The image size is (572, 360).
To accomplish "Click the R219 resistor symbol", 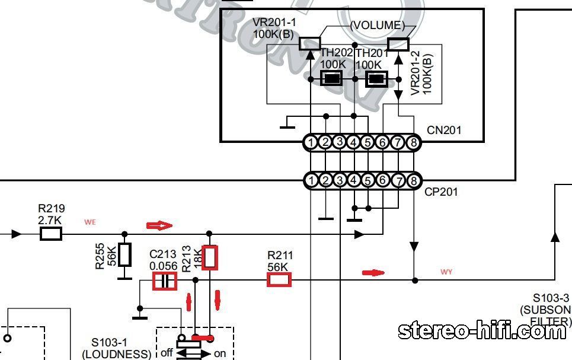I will (x=51, y=234).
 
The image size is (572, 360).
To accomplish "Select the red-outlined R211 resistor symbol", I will (x=279, y=280).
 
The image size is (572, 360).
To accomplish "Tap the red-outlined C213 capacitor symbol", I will (x=165, y=281).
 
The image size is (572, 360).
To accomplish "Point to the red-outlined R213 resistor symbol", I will (x=210, y=257).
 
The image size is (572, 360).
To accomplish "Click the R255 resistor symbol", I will (x=124, y=255).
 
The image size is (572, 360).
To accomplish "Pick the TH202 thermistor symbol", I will (x=332, y=78).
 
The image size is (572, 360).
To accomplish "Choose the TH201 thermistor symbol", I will (x=376, y=78).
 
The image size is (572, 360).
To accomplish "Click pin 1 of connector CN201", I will (x=311, y=142).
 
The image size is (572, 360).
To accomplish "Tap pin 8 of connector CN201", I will (x=413, y=142).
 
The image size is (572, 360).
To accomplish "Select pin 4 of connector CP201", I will (x=354, y=180).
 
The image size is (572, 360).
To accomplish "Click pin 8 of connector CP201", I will (x=413, y=180).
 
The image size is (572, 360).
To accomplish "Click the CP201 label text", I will (x=442, y=192).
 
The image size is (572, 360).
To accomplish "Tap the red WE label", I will (x=90, y=222).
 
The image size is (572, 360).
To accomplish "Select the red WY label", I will (x=446, y=272).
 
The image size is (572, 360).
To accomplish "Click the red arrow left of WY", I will (x=373, y=273).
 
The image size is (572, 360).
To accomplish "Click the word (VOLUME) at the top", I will (x=378, y=26).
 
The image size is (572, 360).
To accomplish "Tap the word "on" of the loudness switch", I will (x=219, y=353).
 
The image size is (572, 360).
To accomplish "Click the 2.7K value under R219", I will (x=50, y=220).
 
